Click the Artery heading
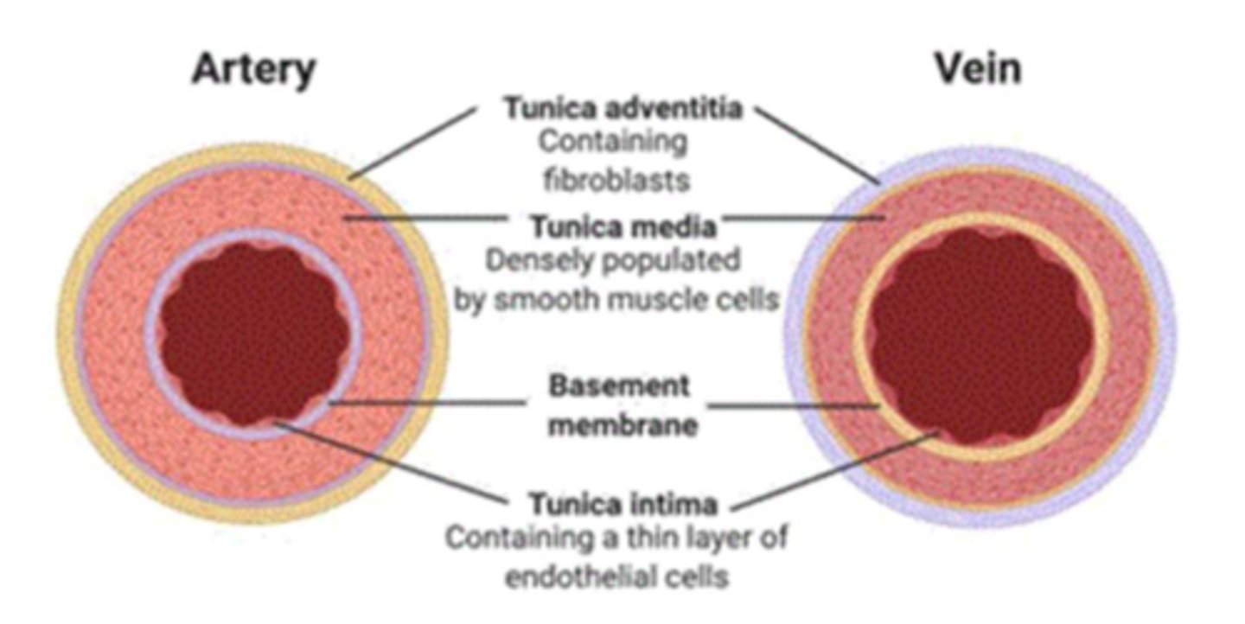253,69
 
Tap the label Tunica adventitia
622,110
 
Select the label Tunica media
622,227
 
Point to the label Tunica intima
622,503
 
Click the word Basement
620,385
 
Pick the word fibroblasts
616,180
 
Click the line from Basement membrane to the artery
428,402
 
